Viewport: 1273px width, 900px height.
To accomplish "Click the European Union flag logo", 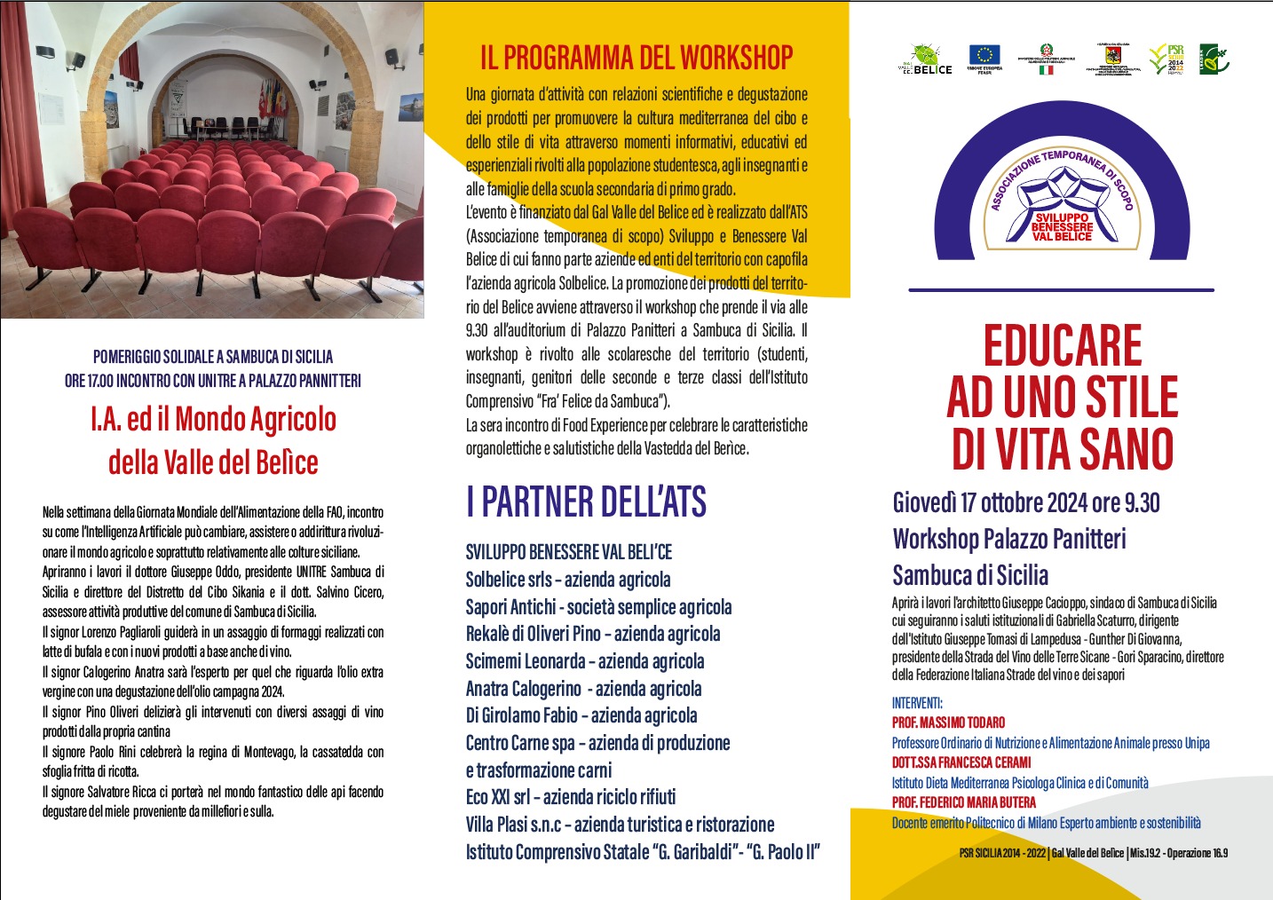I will (x=984, y=56).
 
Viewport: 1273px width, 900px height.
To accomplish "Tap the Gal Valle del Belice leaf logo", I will (x=925, y=58).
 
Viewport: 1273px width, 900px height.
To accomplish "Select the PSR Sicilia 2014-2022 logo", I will (x=1166, y=59).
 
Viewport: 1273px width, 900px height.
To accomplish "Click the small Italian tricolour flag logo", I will (x=1047, y=69).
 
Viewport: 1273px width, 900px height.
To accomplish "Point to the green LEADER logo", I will (x=1214, y=59).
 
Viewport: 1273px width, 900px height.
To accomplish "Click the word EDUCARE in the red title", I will (x=1062, y=346).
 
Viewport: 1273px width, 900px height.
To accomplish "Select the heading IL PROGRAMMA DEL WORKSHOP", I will (x=636, y=59).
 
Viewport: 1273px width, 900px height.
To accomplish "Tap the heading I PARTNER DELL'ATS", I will (x=586, y=502).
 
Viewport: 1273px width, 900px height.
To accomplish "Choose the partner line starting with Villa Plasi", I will (x=620, y=825).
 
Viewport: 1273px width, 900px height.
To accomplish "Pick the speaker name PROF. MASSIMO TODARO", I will (x=948, y=722).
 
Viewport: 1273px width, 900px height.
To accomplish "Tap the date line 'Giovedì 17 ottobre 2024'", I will (x=1025, y=503).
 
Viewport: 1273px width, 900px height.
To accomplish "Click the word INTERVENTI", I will (x=917, y=703).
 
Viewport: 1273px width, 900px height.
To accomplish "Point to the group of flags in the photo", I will (x=272, y=98).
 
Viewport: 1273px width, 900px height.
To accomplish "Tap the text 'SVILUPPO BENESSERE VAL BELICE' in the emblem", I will (x=1062, y=227).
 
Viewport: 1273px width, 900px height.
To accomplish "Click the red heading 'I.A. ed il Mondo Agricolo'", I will (x=213, y=419).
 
